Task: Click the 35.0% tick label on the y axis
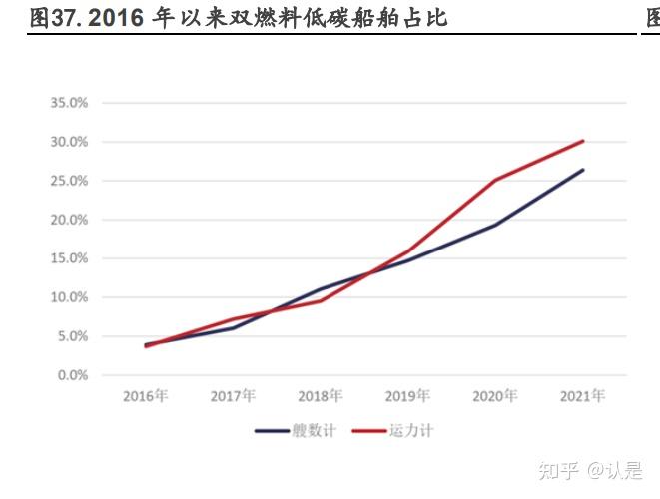coord(69,103)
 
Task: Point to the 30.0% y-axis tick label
coord(69,142)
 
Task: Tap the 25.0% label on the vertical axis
coord(69,181)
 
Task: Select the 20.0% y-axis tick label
coord(69,220)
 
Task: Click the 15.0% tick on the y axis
coord(69,258)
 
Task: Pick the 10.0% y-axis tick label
coord(69,297)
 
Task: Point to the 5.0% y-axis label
coord(72,336)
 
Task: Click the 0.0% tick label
coord(72,375)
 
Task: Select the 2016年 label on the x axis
coord(146,396)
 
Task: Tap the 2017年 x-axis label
coord(233,396)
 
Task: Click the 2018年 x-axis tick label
coord(321,396)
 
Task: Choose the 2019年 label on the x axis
coord(407,396)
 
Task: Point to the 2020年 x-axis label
coord(495,396)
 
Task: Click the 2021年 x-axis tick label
coord(582,396)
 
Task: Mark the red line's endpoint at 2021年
coord(583,141)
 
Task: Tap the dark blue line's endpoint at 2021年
coord(583,170)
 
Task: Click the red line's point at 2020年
coord(495,180)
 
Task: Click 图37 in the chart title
coord(53,18)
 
